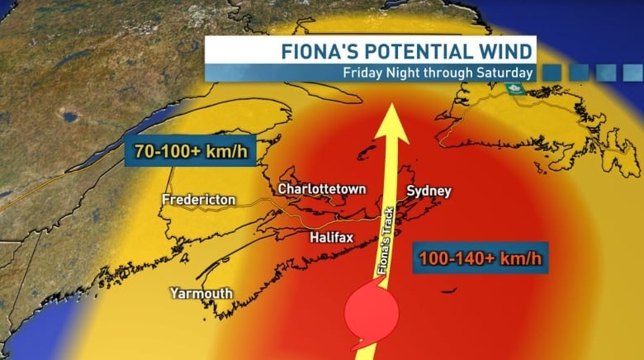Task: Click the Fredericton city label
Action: click(199, 200)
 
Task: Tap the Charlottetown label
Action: click(321, 189)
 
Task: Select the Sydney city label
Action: click(429, 192)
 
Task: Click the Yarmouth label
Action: click(201, 293)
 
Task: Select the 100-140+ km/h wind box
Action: click(479, 258)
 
